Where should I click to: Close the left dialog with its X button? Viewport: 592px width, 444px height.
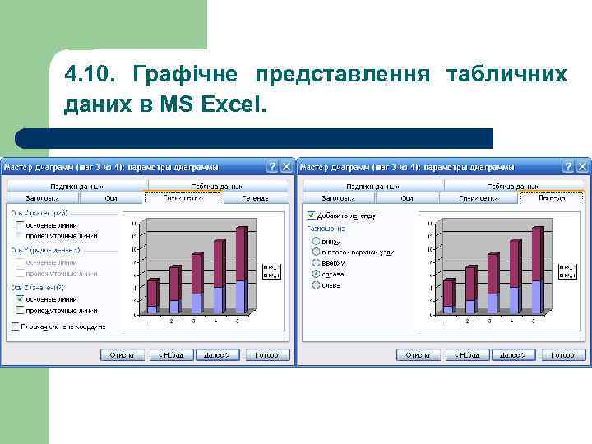tap(286, 166)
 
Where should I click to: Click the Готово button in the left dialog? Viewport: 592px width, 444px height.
tap(266, 354)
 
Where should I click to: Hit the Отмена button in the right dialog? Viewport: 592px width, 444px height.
tap(419, 354)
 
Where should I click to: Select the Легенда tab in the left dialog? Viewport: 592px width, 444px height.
tap(255, 198)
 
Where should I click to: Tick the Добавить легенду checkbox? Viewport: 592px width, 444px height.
tap(312, 216)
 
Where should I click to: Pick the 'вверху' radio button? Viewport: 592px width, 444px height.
tap(314, 263)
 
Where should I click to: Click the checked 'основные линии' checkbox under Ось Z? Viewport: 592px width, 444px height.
tap(18, 300)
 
